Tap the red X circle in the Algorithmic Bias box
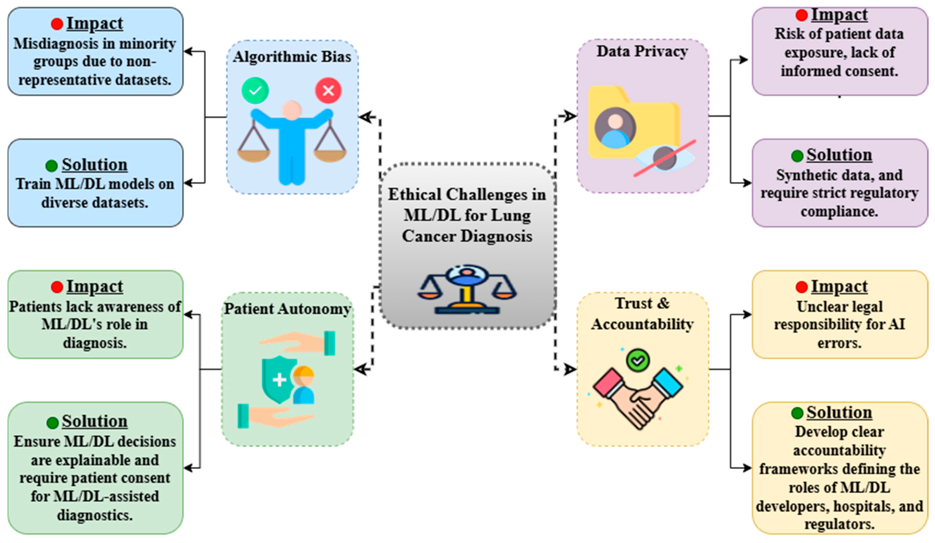coord(328,90)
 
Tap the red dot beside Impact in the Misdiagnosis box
coord(57,24)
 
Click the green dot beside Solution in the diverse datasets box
coord(52,166)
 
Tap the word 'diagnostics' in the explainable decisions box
coord(95,515)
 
